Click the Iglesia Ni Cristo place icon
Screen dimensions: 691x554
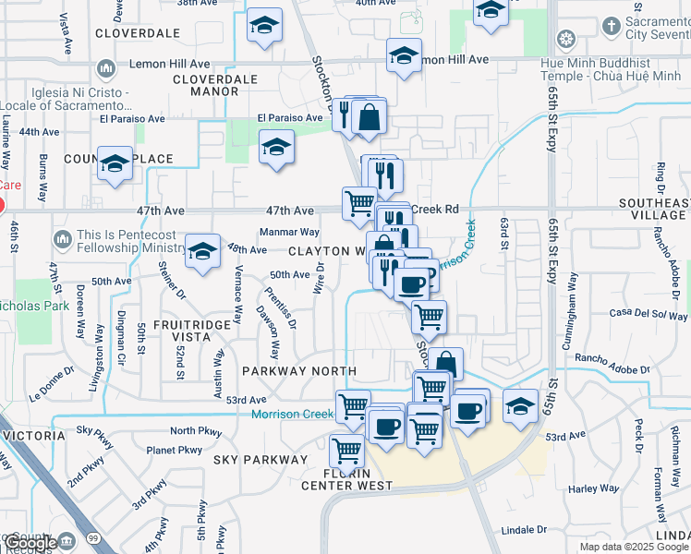click(105, 68)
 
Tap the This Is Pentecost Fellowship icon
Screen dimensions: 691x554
click(62, 240)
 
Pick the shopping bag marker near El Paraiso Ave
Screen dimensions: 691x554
click(369, 117)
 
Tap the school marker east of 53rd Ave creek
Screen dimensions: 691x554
click(521, 404)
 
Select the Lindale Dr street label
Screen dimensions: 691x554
click(523, 530)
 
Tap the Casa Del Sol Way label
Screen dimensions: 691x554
click(643, 314)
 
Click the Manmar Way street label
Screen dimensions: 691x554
click(289, 232)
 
